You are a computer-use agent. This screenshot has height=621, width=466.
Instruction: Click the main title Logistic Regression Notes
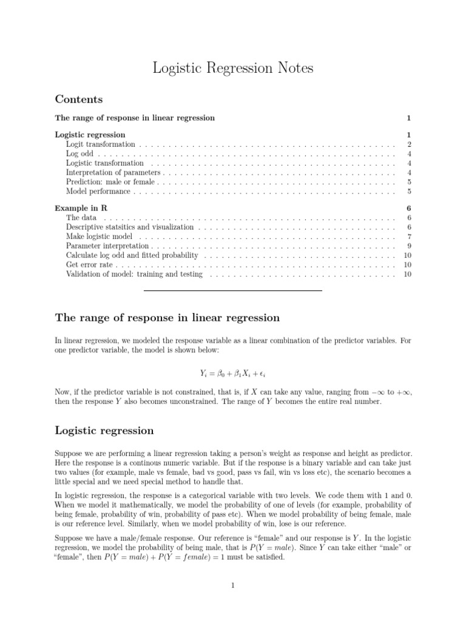pos(233,69)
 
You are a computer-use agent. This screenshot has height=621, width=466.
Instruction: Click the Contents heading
pos(79,99)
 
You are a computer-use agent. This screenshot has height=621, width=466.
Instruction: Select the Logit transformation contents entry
pos(100,144)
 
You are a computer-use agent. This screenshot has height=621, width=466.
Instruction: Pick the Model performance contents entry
pos(98,192)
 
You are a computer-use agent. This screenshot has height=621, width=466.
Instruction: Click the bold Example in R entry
pos(81,208)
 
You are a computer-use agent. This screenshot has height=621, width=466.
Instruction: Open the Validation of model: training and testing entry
pos(134,275)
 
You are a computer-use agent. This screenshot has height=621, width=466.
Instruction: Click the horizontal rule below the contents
pos(233,291)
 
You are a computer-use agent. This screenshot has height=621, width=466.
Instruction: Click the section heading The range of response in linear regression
pos(167,318)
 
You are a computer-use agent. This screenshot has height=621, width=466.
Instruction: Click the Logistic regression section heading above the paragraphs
pos(104,431)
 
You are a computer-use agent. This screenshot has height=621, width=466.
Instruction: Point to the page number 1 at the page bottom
pos(233,585)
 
